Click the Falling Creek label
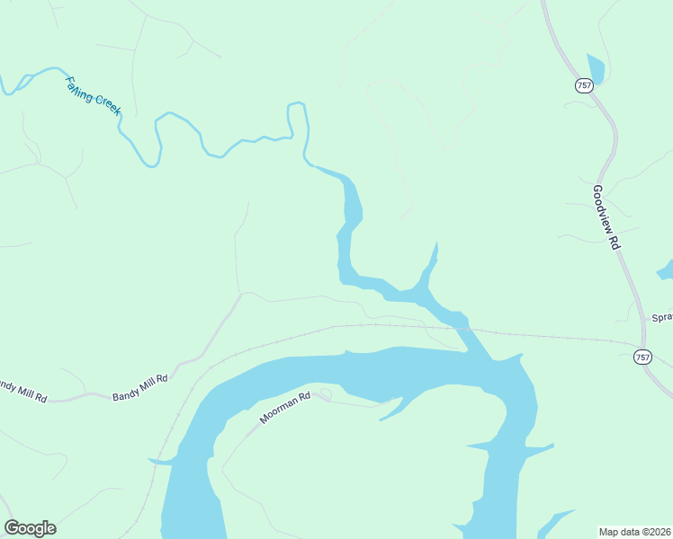click(x=93, y=95)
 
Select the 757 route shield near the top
click(x=584, y=84)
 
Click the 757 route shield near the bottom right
click(x=642, y=357)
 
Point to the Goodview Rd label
click(x=606, y=217)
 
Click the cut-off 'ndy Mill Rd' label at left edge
click(x=22, y=390)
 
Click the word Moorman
click(x=279, y=411)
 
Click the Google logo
click(x=30, y=528)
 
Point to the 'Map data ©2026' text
click(x=635, y=531)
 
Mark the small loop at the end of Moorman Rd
click(x=325, y=393)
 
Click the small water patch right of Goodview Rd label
click(x=667, y=269)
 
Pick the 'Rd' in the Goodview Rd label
click(x=615, y=242)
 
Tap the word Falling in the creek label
click(x=79, y=89)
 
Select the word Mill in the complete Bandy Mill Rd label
click(x=145, y=386)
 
